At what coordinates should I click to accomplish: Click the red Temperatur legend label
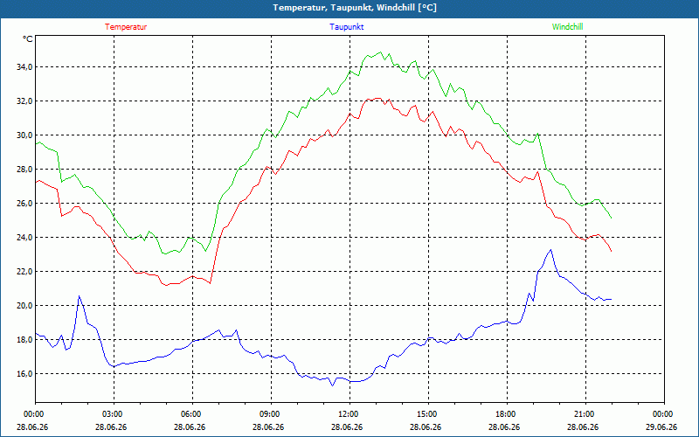tap(126, 27)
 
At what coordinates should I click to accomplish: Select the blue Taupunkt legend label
tap(346, 27)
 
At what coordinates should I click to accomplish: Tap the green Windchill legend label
tap(567, 27)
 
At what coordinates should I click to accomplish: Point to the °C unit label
tap(28, 39)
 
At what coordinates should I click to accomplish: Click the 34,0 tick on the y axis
tap(24, 67)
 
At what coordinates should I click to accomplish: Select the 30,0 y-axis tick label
tap(24, 135)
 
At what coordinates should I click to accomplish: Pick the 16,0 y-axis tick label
tap(24, 374)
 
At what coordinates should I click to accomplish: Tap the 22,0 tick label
tap(24, 272)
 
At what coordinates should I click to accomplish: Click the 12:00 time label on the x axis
tap(349, 414)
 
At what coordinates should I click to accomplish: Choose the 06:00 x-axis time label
tap(192, 414)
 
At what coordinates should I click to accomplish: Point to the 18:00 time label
tap(507, 414)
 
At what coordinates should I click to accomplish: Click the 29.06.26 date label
tap(664, 427)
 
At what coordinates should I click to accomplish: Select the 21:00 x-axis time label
tap(585, 414)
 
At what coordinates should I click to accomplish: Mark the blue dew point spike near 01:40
tap(80, 296)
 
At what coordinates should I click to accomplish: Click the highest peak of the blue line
tap(551, 250)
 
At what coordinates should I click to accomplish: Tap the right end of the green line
tap(611, 218)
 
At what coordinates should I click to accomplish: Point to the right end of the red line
tap(611, 251)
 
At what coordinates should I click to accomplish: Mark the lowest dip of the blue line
tap(332, 385)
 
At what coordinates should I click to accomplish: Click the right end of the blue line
tap(611, 299)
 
